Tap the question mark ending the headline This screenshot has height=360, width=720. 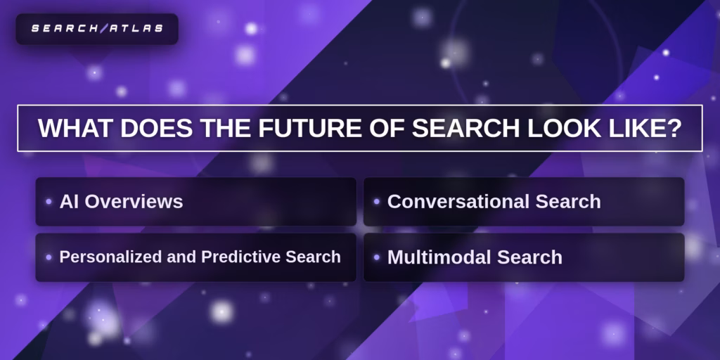coord(674,128)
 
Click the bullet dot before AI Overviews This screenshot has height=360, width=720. coord(49,202)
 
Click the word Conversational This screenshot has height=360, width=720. coord(459,202)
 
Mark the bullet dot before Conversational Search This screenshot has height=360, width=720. coord(377,202)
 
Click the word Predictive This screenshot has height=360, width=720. coord(241,257)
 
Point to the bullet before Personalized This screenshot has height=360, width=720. coord(49,257)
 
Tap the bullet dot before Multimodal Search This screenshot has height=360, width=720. coord(377,257)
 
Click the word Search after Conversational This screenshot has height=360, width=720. coord(568,202)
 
